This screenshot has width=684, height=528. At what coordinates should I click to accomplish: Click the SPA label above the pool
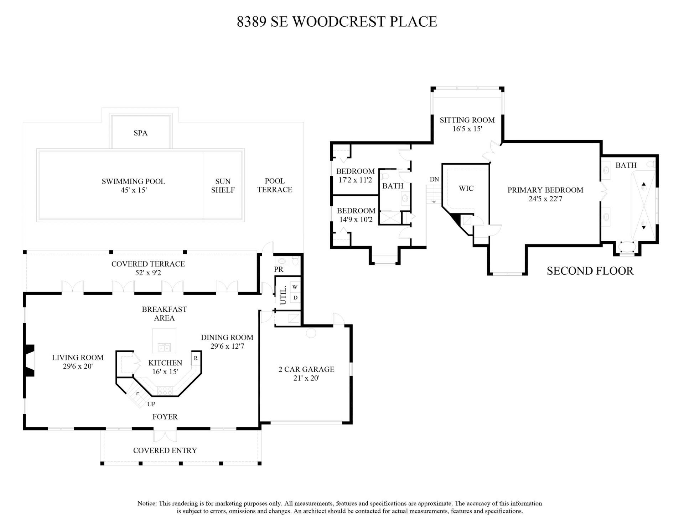(140, 133)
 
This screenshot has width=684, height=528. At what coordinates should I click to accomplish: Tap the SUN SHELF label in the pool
(223, 186)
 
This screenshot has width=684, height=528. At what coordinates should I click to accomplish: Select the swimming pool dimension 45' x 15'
(134, 190)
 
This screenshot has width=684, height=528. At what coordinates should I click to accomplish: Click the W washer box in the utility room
(295, 287)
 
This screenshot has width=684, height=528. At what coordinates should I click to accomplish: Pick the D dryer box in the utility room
(295, 297)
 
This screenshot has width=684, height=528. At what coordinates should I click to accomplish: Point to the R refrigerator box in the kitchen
(196, 358)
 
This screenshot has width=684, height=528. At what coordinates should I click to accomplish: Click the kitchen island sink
(164, 347)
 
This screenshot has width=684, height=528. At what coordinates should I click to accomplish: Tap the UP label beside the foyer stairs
(151, 404)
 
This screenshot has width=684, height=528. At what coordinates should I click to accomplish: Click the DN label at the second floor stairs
(434, 180)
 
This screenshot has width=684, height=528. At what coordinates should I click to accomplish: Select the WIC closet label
(466, 189)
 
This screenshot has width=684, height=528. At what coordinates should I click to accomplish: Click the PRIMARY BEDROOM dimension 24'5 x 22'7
(545, 199)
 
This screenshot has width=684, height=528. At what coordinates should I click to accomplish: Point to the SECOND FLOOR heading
(590, 271)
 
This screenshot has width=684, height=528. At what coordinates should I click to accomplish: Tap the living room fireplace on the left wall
(29, 360)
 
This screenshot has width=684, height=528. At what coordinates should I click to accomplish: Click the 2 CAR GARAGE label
(306, 369)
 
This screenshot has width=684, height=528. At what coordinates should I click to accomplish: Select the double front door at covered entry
(165, 435)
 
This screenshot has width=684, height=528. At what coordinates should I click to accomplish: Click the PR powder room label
(279, 270)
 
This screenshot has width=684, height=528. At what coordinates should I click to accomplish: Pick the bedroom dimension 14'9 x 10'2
(356, 220)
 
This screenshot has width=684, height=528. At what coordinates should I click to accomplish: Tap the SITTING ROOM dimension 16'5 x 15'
(467, 129)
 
